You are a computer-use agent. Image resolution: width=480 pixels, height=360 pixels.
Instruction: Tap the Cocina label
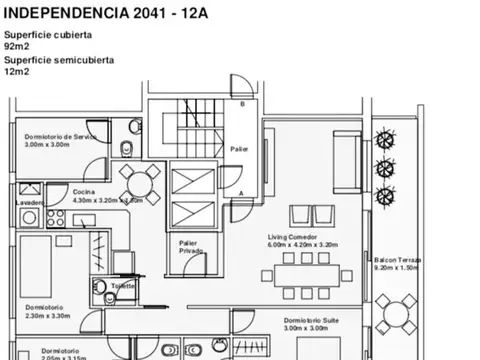coord(83,191)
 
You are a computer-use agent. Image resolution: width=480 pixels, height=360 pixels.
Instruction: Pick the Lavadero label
coord(30,203)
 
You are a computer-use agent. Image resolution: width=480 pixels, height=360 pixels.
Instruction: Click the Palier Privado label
coord(189,247)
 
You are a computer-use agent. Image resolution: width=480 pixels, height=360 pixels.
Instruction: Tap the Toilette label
coord(123,285)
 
